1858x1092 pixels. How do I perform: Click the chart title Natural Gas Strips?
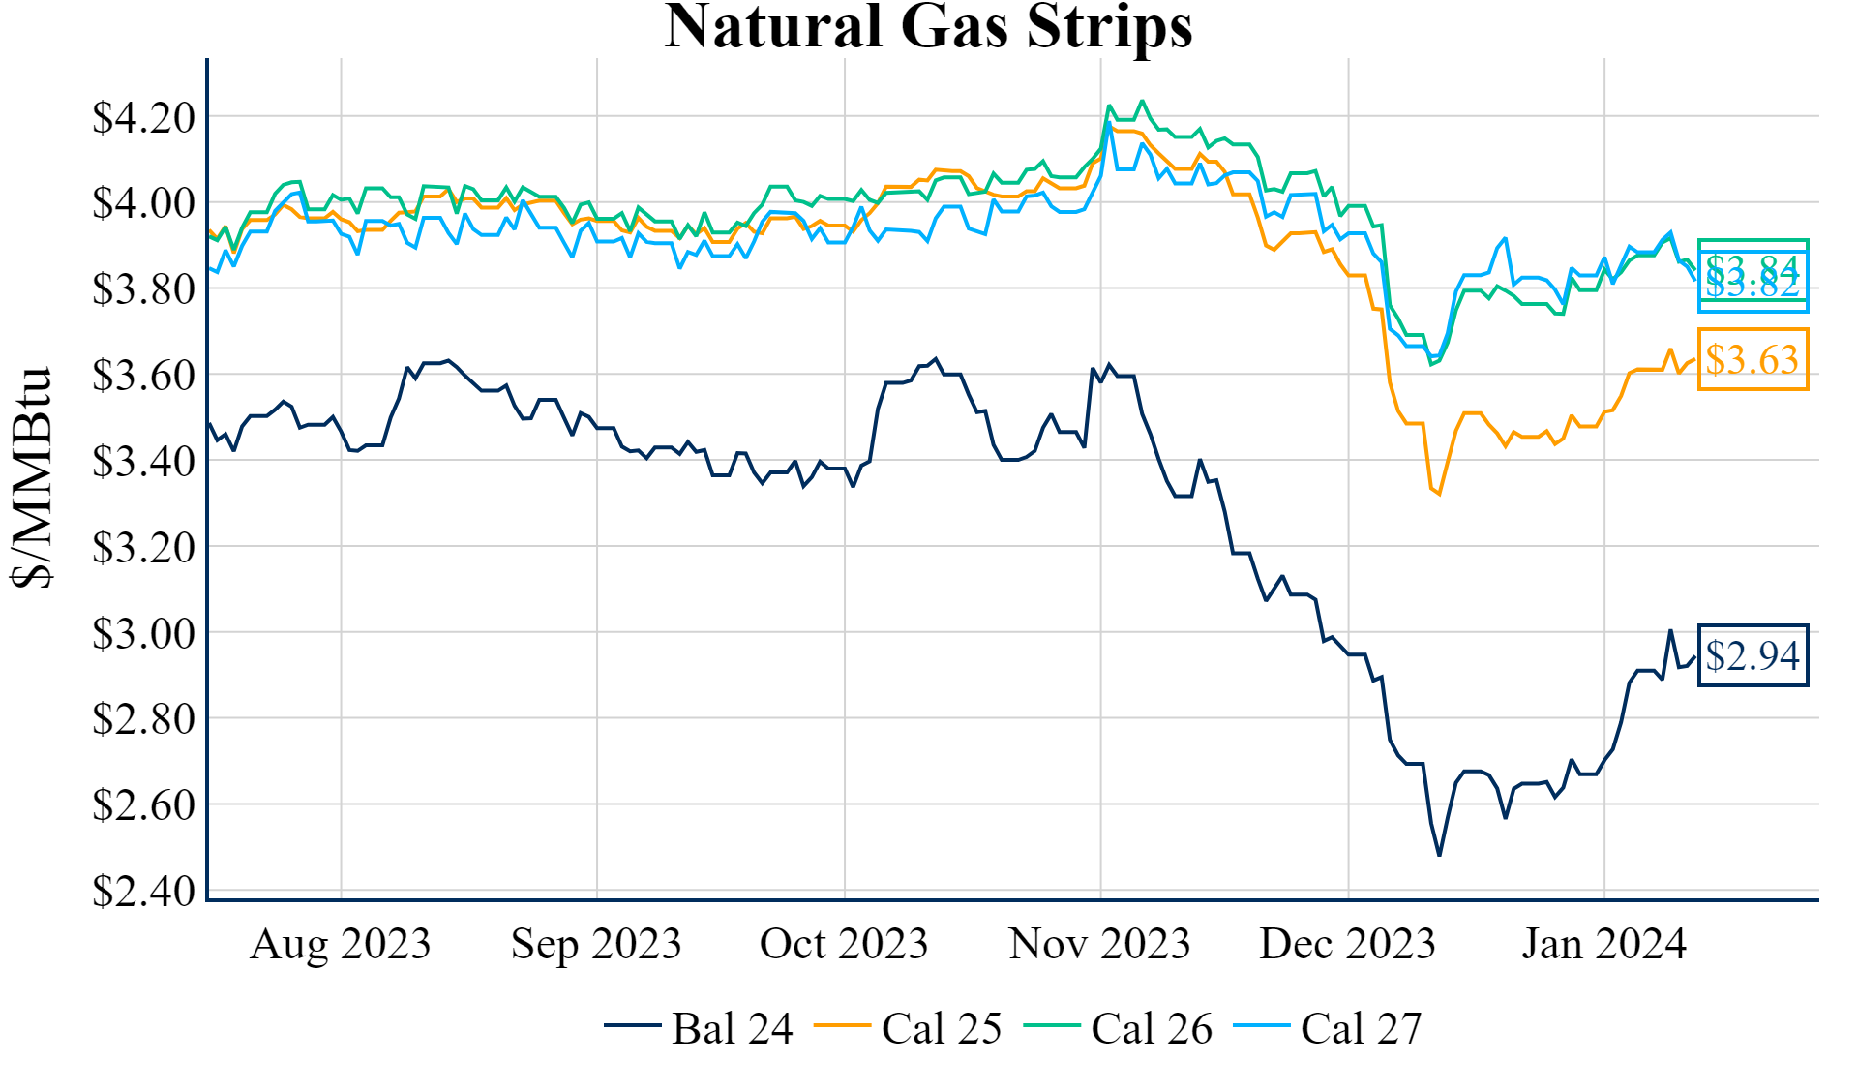tap(928, 27)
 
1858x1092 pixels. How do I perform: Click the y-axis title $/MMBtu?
tap(32, 476)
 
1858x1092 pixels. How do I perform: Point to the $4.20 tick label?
tap(143, 117)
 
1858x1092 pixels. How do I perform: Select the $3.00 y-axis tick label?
tap(143, 633)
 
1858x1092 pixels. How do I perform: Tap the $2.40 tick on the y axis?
tap(143, 891)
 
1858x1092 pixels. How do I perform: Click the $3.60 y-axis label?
tap(143, 375)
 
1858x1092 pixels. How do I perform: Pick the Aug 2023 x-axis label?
tap(340, 944)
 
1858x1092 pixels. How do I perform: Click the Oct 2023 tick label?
tap(843, 944)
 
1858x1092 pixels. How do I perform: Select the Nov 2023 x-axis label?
tap(1099, 944)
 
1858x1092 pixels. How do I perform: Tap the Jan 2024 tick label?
tap(1603, 944)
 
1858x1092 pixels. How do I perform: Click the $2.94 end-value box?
tap(1753, 656)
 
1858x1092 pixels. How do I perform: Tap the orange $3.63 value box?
tap(1753, 360)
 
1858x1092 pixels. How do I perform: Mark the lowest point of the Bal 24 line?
tap(1439, 855)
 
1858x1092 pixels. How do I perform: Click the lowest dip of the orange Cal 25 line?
tap(1439, 494)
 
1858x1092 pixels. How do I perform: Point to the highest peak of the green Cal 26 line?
tap(1142, 101)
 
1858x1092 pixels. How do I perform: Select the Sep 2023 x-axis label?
tap(596, 944)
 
